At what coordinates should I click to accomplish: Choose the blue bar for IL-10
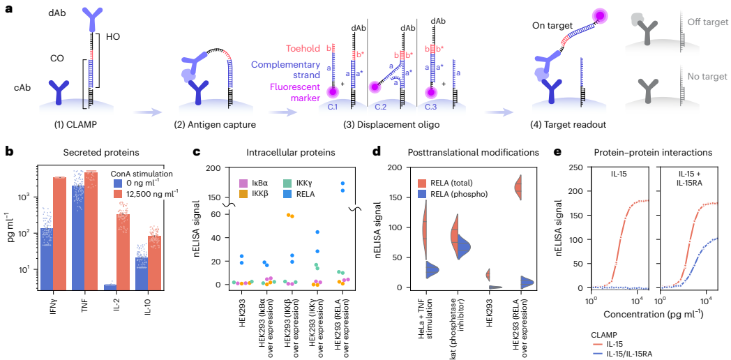pyautogui.click(x=142, y=273)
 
